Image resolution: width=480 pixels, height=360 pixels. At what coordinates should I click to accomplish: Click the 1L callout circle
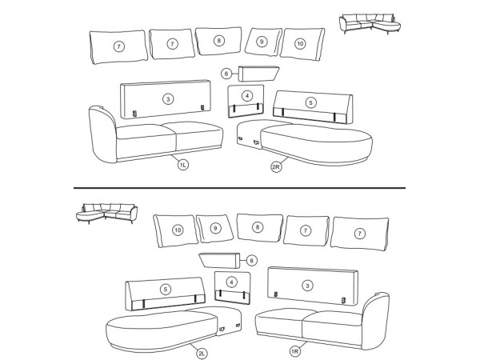click(x=182, y=165)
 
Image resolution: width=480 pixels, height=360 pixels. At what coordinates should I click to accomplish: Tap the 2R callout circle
click(x=276, y=167)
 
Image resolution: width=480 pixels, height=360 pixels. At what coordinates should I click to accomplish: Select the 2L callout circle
click(x=202, y=354)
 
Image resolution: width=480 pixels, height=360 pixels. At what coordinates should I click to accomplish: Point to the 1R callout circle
click(x=294, y=351)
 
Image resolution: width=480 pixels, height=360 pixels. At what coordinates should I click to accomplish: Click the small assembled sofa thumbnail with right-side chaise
click(x=370, y=23)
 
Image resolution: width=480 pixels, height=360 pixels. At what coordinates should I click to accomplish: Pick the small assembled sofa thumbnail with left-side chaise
click(x=106, y=214)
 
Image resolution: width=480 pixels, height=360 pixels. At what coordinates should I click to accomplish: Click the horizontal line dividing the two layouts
click(x=239, y=188)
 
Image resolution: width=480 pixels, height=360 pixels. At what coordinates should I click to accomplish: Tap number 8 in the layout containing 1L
click(x=219, y=41)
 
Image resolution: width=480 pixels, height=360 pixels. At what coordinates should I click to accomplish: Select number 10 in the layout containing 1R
click(x=178, y=230)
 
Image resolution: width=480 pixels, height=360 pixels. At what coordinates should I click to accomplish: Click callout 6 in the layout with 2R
click(x=226, y=74)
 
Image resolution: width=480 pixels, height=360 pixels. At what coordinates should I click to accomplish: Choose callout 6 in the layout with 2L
click(x=252, y=261)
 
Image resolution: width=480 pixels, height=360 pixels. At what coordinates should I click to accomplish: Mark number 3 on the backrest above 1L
click(x=168, y=99)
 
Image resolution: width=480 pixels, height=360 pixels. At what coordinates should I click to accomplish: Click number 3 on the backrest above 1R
click(x=307, y=286)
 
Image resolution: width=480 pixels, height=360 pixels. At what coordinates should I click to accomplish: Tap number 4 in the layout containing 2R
click(x=247, y=96)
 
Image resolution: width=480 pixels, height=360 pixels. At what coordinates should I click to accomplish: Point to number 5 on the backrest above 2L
click(x=166, y=290)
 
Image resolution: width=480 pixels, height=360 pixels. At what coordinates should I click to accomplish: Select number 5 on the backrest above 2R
click(x=311, y=102)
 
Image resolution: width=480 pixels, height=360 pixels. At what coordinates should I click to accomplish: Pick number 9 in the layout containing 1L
click(x=262, y=42)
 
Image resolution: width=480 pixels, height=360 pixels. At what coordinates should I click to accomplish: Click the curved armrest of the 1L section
click(x=102, y=134)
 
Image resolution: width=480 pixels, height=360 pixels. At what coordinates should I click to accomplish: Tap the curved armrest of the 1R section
click(x=376, y=321)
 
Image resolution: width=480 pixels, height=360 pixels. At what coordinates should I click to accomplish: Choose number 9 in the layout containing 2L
click(x=215, y=228)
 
